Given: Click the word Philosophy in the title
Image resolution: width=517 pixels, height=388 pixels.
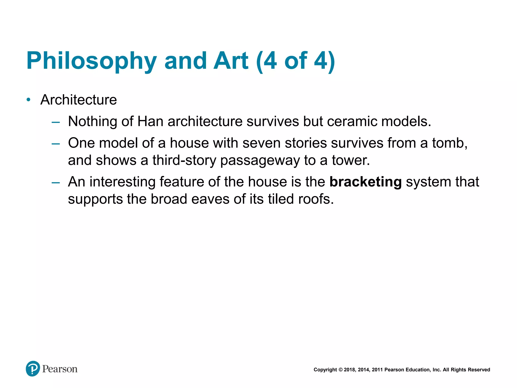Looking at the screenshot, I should click(x=91, y=61).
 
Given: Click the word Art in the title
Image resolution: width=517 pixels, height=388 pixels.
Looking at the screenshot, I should click(x=231, y=61).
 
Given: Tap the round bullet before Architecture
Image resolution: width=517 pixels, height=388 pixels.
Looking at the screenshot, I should click(x=29, y=100).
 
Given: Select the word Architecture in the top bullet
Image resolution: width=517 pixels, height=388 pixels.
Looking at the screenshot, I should click(x=79, y=100).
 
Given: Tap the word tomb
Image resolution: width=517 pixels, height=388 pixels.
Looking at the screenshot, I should click(x=450, y=143).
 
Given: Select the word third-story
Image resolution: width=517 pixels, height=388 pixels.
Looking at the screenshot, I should click(x=184, y=160).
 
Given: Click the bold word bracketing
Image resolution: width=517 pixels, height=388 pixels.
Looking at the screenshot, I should click(x=366, y=182).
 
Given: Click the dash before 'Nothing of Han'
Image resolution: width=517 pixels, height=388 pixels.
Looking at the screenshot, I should click(x=56, y=123).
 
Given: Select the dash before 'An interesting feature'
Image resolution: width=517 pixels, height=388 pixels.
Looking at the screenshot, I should click(x=56, y=183).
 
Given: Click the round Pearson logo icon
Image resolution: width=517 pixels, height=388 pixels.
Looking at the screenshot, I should click(x=33, y=369).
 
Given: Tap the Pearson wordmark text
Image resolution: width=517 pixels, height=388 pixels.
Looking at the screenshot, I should click(x=60, y=369).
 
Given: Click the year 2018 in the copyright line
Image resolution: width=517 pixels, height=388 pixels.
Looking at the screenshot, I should click(x=350, y=370).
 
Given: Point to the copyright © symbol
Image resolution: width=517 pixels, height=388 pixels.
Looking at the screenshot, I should click(x=340, y=370).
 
